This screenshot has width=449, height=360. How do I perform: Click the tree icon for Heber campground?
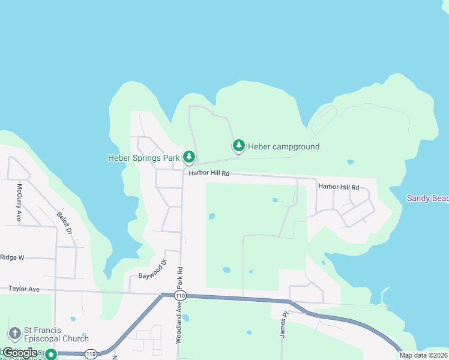coord(239,145)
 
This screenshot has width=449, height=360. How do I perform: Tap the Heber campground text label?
coord(283,146)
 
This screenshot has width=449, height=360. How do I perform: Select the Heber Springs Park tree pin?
coord(189,157)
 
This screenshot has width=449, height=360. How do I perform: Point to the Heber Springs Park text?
coord(144,158)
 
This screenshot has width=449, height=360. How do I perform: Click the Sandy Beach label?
coord(427,198)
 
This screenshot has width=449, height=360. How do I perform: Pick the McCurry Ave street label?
coord(19,208)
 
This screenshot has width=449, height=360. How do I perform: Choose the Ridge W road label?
coord(12,257)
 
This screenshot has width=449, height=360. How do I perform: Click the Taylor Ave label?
coord(24,289)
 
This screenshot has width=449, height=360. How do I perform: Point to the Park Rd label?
coord(179,280)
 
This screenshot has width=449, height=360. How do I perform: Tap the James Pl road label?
coord(285,325)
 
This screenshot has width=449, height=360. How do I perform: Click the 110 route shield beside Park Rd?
coord(180,296)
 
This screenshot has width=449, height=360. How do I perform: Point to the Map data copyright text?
coord(423,355)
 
